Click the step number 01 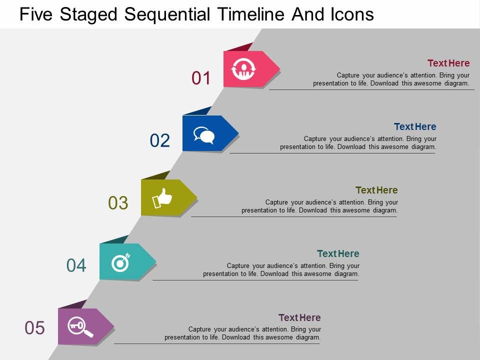click(x=201, y=78)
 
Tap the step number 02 click(x=160, y=141)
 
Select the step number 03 click(x=118, y=203)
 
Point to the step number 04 click(x=76, y=265)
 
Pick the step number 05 click(x=35, y=328)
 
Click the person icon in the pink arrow click(x=244, y=68)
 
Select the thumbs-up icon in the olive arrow click(x=161, y=198)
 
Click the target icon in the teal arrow click(x=120, y=262)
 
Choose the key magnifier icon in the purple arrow click(x=80, y=326)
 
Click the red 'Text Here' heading click(x=448, y=63)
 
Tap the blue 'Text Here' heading click(x=415, y=126)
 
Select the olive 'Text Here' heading click(x=376, y=190)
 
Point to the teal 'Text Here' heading click(x=338, y=253)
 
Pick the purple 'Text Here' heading click(x=299, y=317)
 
